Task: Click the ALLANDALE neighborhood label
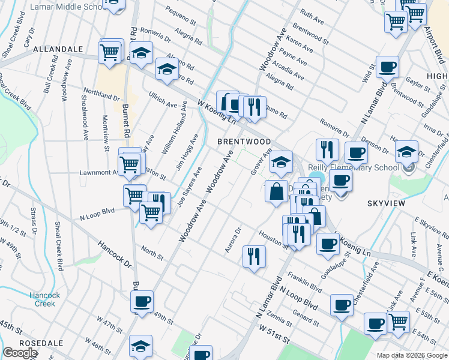pos(58,49)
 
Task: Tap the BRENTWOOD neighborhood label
pos(244,141)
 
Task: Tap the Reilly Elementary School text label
pos(354,167)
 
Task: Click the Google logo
pos(20,353)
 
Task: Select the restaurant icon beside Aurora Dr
pos(254,257)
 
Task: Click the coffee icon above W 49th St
pos(142,301)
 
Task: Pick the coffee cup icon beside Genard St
pos(342,304)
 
